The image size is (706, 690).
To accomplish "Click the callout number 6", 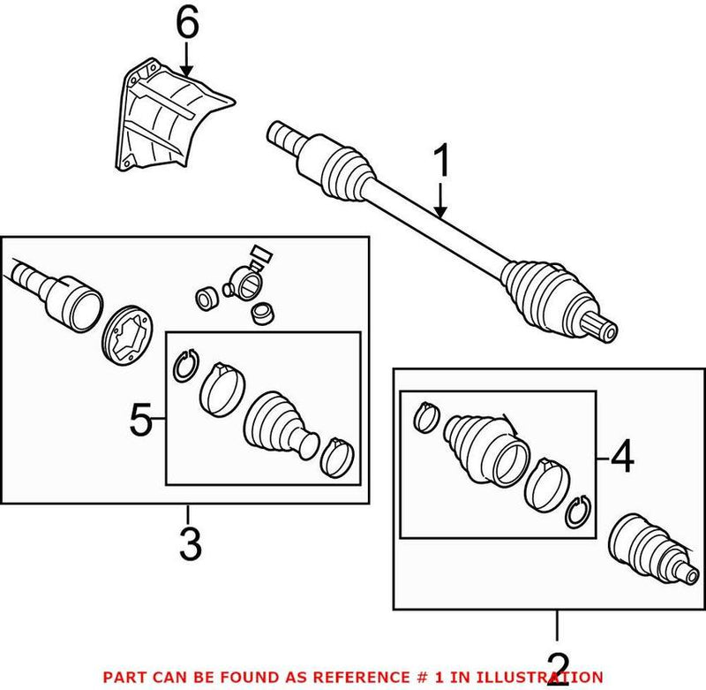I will click(186, 24).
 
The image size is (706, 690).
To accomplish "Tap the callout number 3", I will click(190, 544).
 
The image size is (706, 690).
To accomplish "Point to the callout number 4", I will click(621, 458).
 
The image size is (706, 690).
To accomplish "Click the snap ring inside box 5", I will click(184, 366).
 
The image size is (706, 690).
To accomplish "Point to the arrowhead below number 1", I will click(441, 212).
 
